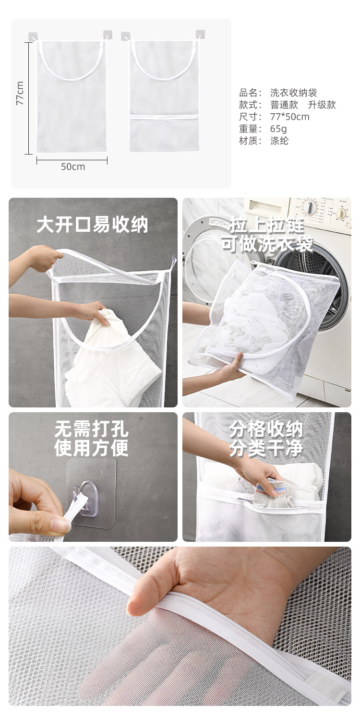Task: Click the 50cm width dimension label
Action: click(72, 167)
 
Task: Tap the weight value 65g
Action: click(278, 129)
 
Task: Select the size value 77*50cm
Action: click(289, 117)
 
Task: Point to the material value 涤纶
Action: click(279, 141)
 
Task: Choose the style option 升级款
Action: click(322, 105)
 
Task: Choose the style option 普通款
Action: click(284, 105)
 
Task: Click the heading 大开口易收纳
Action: click(93, 225)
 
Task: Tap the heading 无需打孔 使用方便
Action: click(91, 439)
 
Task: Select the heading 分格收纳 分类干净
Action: click(266, 439)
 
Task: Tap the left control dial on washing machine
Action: click(310, 207)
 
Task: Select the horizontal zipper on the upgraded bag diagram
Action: click(164, 117)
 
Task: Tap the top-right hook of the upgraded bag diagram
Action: click(200, 35)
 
